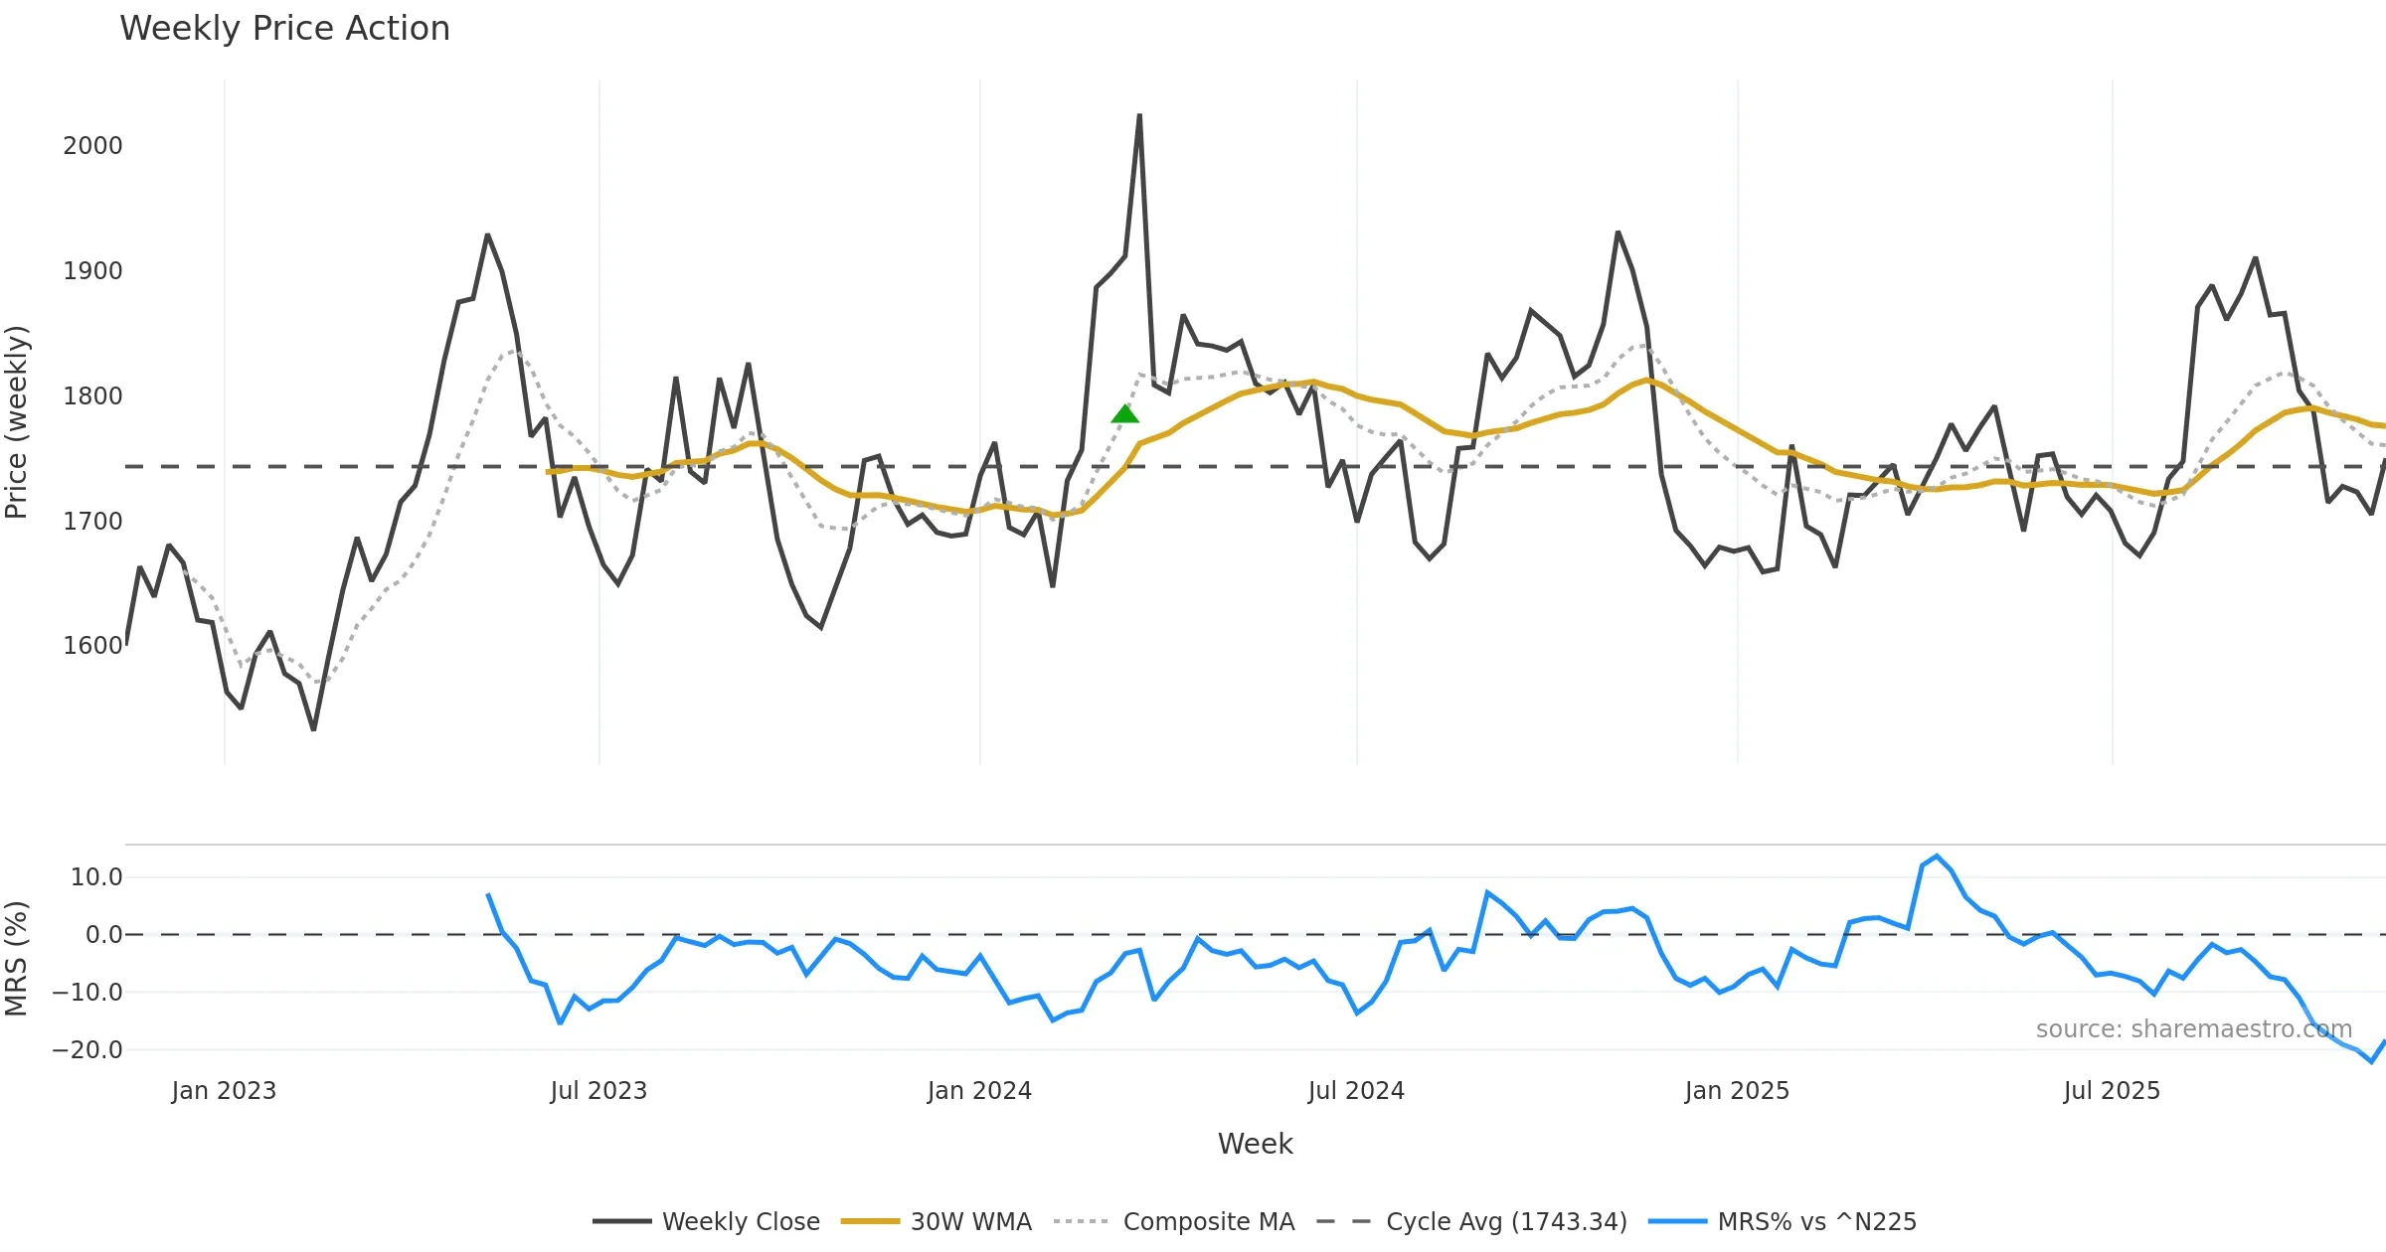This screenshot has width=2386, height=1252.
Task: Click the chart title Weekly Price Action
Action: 284,29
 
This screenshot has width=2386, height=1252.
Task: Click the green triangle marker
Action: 1124,413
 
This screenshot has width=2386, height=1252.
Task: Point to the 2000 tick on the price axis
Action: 92,146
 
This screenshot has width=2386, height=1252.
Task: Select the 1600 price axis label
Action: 92,646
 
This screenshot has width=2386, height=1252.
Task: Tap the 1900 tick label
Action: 92,271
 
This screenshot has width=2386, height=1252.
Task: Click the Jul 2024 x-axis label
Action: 1356,1091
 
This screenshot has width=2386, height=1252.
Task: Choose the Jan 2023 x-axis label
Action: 224,1091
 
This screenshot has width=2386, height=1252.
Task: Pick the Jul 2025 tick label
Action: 2112,1091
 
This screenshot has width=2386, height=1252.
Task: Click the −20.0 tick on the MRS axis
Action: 87,1050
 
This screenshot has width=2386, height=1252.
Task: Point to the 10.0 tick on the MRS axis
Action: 96,877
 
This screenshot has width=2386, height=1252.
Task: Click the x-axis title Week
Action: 1255,1145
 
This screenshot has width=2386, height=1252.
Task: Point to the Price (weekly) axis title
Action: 17,422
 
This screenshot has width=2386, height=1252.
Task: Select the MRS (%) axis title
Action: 17,959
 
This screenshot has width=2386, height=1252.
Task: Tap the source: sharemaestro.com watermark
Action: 2193,1029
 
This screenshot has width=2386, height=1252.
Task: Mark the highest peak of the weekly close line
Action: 1139,115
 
